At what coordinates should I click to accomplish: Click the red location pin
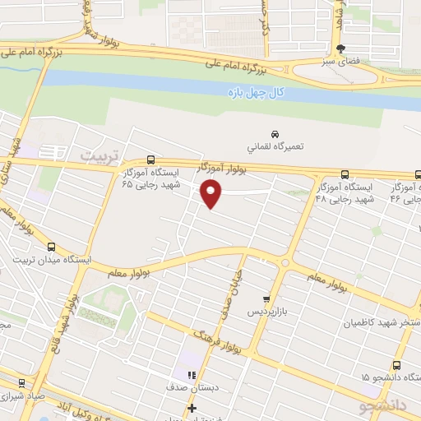click(212, 194)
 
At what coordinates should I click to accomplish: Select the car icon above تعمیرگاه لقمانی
click(275, 133)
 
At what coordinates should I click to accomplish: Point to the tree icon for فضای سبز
click(353, 49)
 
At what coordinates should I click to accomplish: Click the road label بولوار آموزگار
click(222, 169)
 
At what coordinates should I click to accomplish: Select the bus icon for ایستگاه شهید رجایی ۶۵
click(150, 160)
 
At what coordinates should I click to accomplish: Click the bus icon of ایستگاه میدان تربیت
click(52, 247)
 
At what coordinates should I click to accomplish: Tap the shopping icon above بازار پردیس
click(266, 299)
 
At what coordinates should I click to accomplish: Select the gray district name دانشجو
click(382, 405)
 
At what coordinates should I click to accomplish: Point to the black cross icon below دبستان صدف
click(192, 408)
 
